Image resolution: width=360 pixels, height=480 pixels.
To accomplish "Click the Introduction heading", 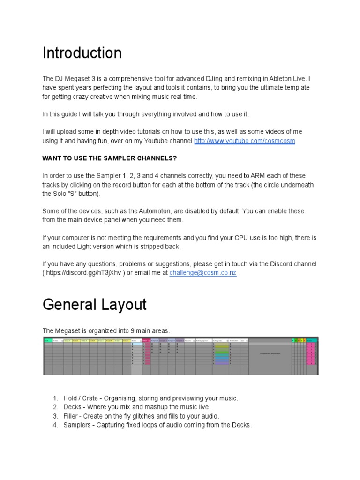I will [x=82, y=53].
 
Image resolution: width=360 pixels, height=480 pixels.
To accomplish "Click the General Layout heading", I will [x=94, y=305].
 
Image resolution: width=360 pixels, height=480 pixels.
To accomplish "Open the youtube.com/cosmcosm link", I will [x=244, y=141].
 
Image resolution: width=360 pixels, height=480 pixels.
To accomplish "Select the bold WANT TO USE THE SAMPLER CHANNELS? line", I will [x=110, y=158].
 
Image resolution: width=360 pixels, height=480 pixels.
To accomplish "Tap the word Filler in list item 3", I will [x=71, y=416].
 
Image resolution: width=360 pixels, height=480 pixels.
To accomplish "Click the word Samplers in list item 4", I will [x=77, y=425].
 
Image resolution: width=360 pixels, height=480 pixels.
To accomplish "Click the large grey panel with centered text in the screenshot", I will [x=270, y=353].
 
